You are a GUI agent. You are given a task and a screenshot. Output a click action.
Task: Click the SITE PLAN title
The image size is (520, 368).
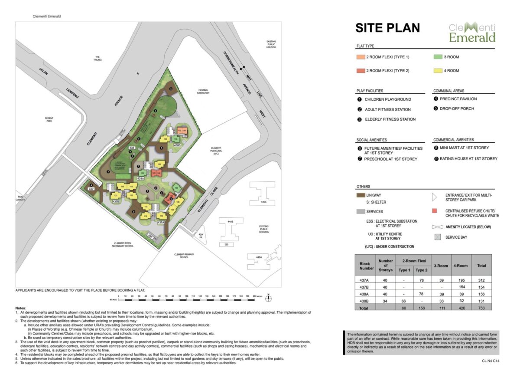pos(387,28)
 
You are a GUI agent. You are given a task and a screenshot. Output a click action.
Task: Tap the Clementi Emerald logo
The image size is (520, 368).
pos(472,33)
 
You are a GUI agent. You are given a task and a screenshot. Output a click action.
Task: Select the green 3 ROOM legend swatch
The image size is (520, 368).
pos(438,57)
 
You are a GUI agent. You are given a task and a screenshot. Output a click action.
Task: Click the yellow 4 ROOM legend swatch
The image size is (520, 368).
pos(438,70)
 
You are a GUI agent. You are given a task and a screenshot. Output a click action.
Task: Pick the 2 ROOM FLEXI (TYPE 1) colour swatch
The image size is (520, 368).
pos(360,57)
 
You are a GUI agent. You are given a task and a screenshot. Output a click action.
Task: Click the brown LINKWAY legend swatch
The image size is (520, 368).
pos(360,196)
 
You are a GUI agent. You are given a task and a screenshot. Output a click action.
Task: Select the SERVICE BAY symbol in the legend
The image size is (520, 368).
pos(437,237)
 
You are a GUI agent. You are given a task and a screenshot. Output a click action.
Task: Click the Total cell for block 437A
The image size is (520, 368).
pos(481,280)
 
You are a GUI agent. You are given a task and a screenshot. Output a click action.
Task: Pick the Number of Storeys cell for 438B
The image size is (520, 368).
pos(385,300)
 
